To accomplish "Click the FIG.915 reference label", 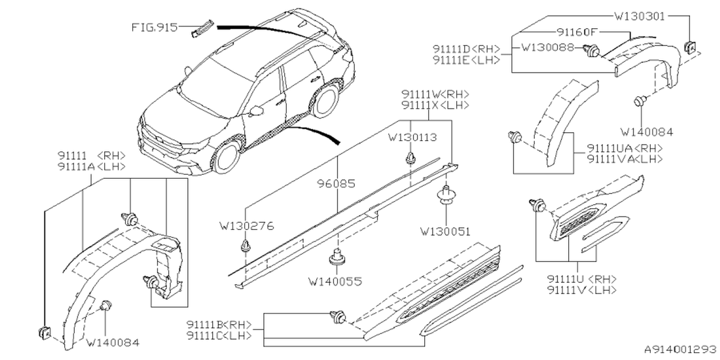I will tap(154, 26).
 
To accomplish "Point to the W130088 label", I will tap(547, 48).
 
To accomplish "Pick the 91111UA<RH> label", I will tap(624, 148).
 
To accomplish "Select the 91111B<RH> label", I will tap(219, 325).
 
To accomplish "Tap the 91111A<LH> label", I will tap(91, 166).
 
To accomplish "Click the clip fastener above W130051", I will tap(446, 194).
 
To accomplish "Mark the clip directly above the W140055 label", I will tap(336, 256).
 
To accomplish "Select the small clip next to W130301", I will tap(688, 47).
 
